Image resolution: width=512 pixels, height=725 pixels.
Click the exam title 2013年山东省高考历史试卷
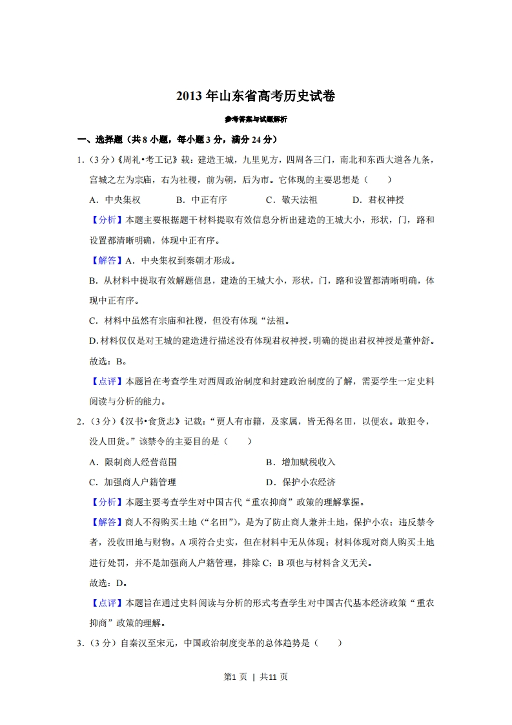(x=256, y=97)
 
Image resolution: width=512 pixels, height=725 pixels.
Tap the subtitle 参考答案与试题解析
(x=256, y=120)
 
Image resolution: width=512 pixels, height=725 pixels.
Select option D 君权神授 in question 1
(x=378, y=200)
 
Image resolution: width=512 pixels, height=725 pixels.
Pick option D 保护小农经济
(x=300, y=483)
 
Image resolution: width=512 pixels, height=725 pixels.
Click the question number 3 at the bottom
(x=79, y=644)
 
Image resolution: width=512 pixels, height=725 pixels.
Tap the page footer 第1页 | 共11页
(x=256, y=677)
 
